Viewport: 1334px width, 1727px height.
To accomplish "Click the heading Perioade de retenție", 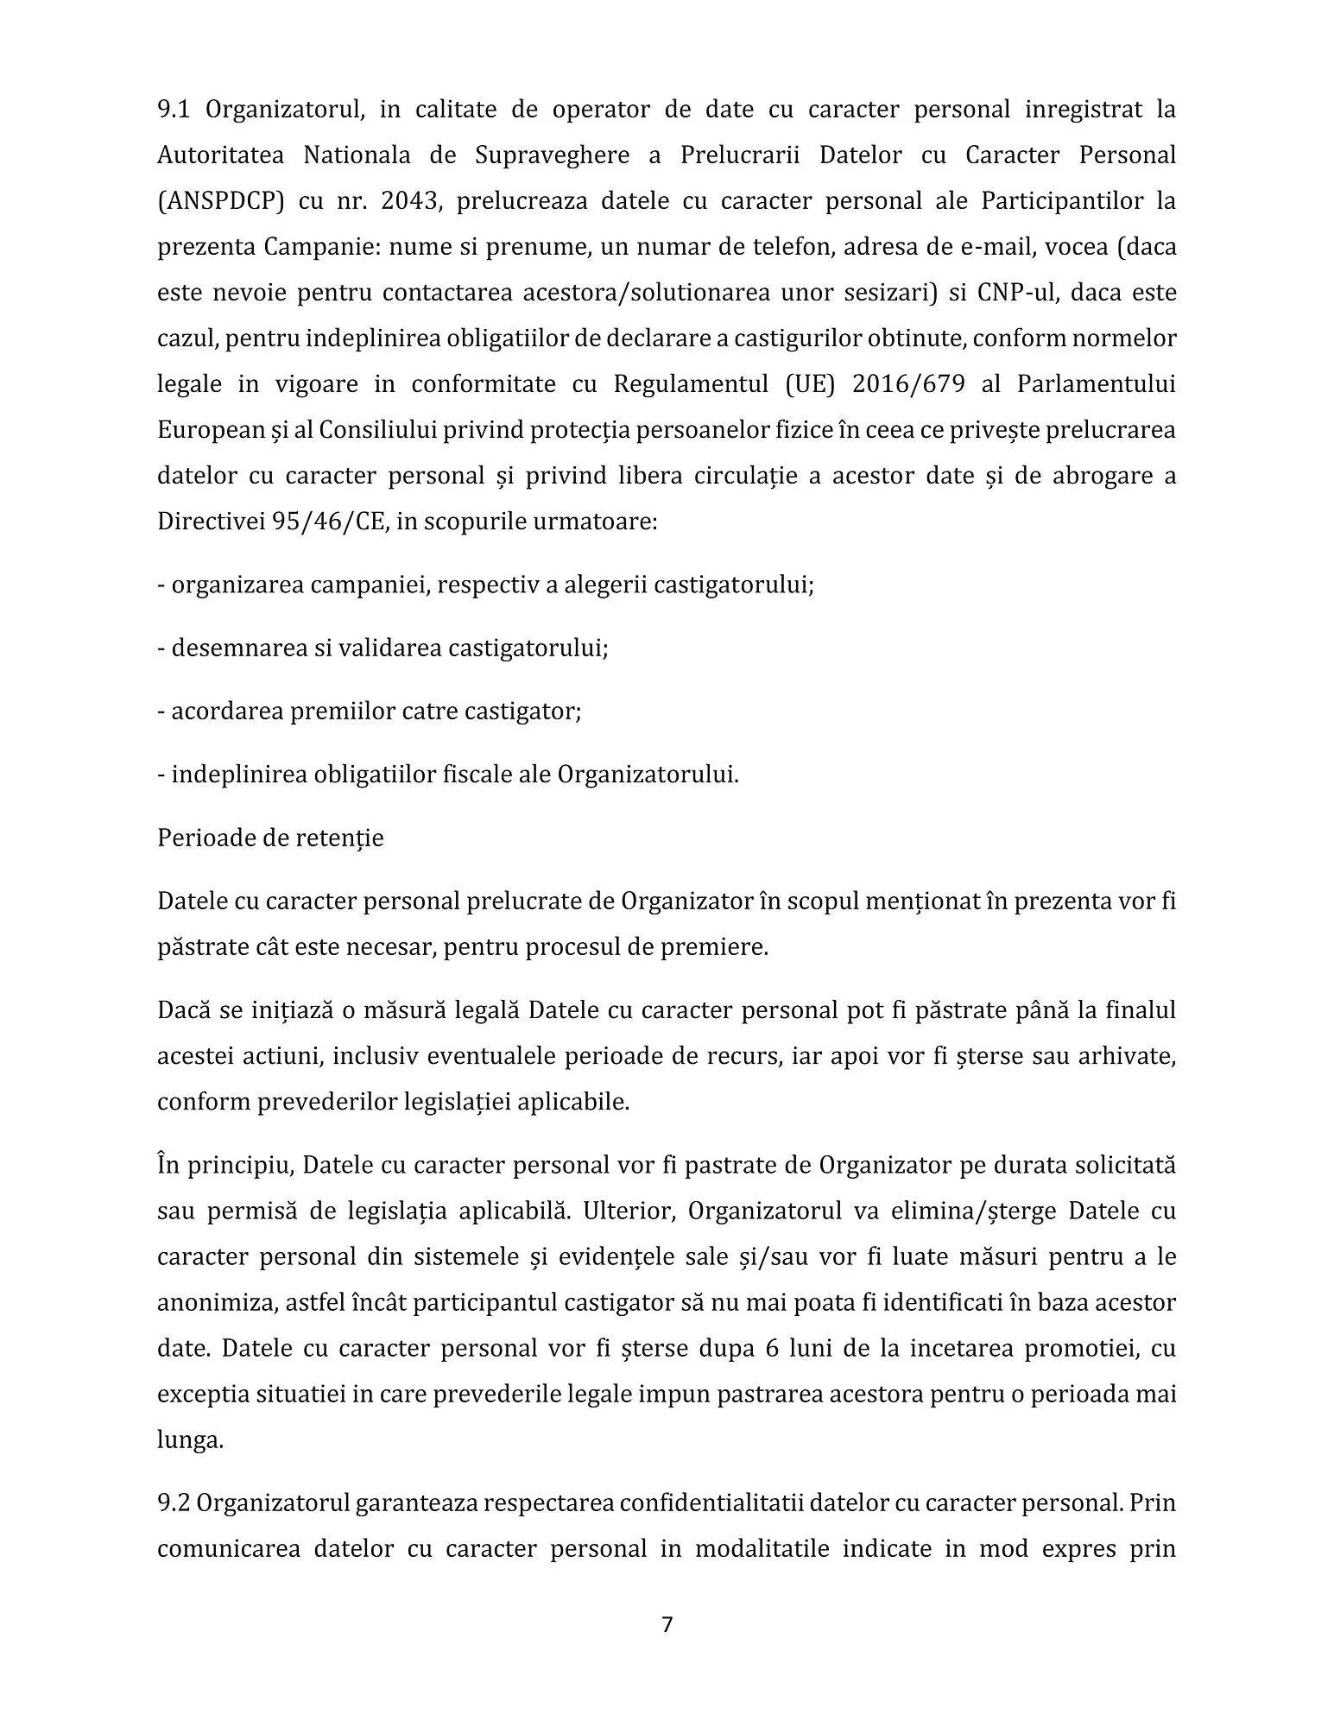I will (x=270, y=838).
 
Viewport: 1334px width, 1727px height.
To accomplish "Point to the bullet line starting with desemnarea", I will (x=382, y=648).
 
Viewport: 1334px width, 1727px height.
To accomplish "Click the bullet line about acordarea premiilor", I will (x=369, y=712).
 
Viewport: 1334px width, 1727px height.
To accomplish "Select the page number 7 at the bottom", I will (x=667, y=1625).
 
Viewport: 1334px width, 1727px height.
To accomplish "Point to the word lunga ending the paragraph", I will (x=189, y=1440).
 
